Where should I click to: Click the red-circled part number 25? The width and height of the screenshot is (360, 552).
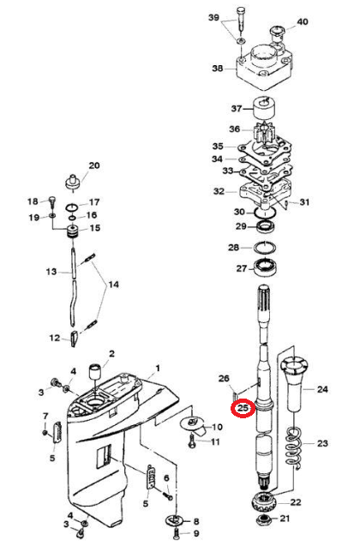click(243, 408)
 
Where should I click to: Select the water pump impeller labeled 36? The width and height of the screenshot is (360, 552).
click(264, 133)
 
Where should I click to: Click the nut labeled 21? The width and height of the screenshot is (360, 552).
click(266, 519)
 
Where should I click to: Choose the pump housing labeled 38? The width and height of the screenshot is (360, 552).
click(264, 67)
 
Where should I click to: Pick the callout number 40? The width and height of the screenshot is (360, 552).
click(303, 21)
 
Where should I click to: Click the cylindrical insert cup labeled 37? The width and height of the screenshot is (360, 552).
click(264, 109)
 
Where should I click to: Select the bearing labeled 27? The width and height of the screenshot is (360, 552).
click(265, 269)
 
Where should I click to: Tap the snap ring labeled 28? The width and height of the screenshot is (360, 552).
click(265, 248)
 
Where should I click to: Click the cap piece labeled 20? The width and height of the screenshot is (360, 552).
click(74, 182)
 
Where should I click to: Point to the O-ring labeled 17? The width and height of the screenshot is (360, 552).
click(73, 207)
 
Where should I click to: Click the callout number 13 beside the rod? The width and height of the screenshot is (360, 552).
click(51, 272)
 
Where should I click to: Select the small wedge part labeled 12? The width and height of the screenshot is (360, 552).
click(74, 339)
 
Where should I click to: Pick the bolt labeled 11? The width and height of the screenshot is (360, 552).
click(191, 441)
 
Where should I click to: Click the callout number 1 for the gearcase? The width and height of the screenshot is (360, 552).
click(158, 369)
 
